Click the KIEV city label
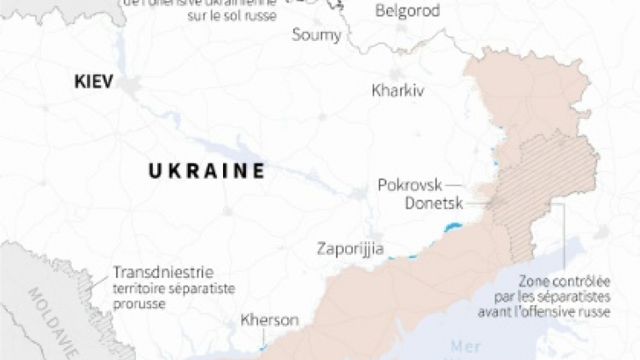tap(94, 82)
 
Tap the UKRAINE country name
tap(206, 170)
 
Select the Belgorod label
tap(407, 11)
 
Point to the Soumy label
tap(316, 35)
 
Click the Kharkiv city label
tap(397, 90)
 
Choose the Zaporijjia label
tap(349, 250)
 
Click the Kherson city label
tap(270, 321)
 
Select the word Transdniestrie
tap(162, 273)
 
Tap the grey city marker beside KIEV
tap(131, 84)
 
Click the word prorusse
tap(139, 304)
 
